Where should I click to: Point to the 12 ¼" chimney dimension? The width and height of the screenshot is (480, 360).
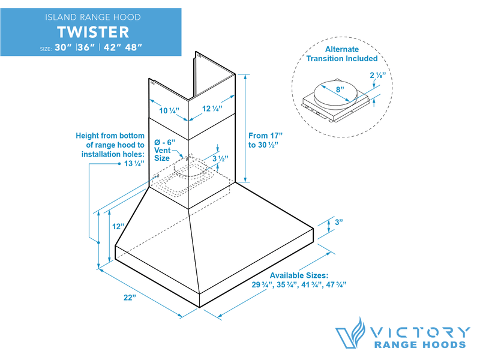(x=211, y=109)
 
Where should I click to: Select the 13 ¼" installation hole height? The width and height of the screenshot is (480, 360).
(x=134, y=164)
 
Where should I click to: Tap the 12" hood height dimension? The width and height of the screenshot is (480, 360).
(x=118, y=226)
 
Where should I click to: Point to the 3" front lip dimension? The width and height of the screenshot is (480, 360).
(x=339, y=223)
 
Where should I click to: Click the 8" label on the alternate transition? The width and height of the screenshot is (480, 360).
(x=340, y=89)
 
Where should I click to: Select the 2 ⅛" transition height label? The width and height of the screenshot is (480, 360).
(x=376, y=76)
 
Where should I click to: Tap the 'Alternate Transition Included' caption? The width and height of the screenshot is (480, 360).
(x=342, y=53)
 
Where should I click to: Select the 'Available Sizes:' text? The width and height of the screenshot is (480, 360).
(x=298, y=275)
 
